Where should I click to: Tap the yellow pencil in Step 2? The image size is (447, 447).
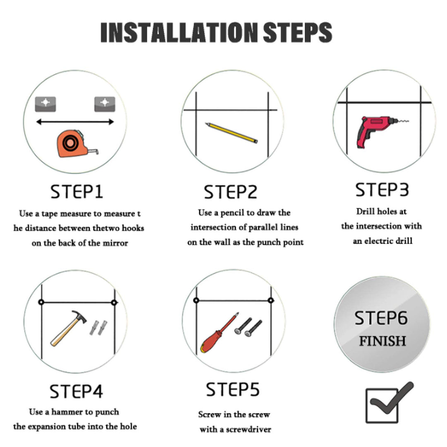point(231,133)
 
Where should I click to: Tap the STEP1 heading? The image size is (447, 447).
point(77,192)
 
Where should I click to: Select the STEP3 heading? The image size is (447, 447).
point(382,190)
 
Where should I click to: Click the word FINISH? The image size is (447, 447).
point(382,341)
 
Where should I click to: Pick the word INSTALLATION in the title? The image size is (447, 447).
point(179,32)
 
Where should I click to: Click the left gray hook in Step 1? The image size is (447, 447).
point(46,104)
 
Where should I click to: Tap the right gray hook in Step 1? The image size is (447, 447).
point(105,104)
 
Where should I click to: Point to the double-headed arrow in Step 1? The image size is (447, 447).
point(75,122)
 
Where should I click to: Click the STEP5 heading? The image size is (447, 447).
point(233,389)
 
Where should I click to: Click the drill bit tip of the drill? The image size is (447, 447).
point(408,121)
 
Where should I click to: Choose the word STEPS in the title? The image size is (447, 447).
point(297,32)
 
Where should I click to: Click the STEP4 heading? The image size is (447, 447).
point(76,392)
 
